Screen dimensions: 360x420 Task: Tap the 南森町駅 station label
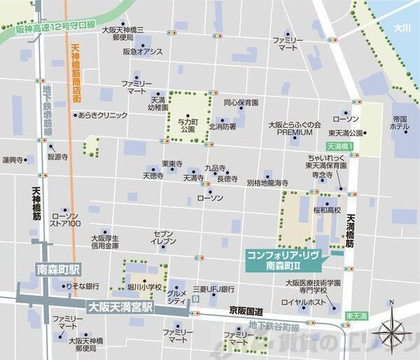coord(59,270)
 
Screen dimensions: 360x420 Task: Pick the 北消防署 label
coord(222,127)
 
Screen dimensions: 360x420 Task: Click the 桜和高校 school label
coord(327,209)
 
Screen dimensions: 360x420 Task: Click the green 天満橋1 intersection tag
coord(341,146)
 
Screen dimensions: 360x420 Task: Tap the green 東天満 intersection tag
coord(356,317)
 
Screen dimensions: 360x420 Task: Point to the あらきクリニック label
coord(103,114)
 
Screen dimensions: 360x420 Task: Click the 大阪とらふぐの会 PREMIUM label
coord(294,127)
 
